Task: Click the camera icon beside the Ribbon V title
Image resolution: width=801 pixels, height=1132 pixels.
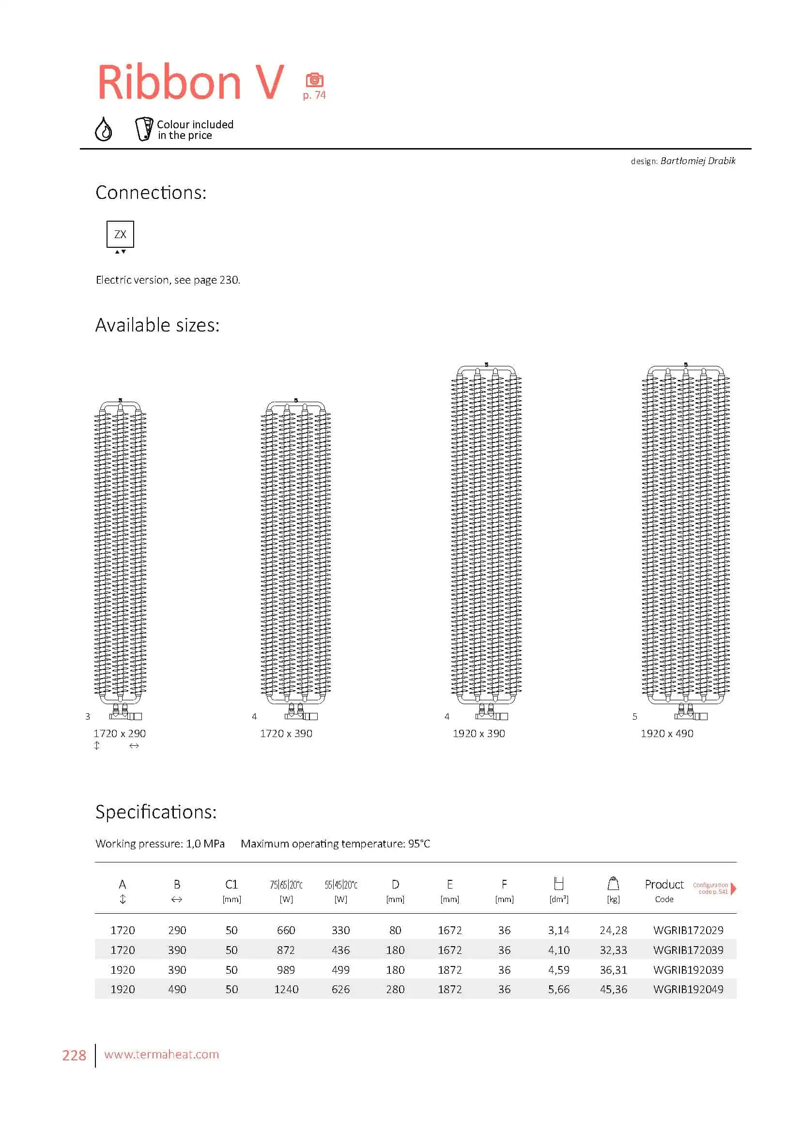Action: click(x=314, y=80)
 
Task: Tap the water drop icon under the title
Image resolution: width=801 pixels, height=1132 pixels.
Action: click(x=103, y=129)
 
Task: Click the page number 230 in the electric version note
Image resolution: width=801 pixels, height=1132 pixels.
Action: click(x=229, y=280)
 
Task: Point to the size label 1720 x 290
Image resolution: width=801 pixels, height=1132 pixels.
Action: click(x=119, y=733)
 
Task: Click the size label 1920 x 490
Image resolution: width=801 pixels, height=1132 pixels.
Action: click(x=667, y=733)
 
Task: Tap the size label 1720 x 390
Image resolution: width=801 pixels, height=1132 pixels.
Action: click(x=286, y=733)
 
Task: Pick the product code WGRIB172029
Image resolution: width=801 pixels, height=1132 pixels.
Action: click(x=688, y=930)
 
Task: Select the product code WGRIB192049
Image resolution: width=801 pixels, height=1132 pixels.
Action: click(x=688, y=989)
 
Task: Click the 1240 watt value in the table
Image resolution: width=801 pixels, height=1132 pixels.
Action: click(x=286, y=989)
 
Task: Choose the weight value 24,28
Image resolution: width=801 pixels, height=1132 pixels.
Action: click(x=613, y=930)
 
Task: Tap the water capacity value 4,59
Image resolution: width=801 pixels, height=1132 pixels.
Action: click(x=558, y=970)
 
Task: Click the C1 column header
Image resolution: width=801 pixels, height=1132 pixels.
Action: click(x=231, y=885)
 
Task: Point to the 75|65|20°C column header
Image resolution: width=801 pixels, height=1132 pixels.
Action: click(x=286, y=885)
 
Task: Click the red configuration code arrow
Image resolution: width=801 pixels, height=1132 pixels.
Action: click(x=733, y=888)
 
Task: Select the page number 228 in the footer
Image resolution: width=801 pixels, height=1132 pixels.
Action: click(x=74, y=1055)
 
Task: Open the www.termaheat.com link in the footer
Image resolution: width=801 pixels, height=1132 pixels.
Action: click(x=161, y=1054)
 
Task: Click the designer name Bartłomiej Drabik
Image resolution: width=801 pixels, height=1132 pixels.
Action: click(x=697, y=161)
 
